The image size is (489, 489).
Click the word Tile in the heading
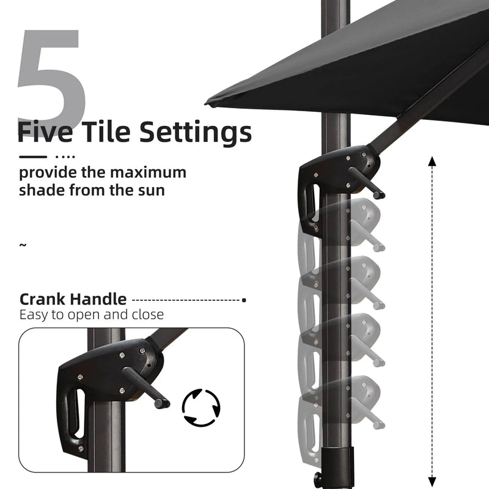[106, 131]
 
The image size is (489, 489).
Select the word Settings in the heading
[195, 133]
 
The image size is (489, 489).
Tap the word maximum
[148, 172]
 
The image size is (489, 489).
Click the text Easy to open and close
[91, 315]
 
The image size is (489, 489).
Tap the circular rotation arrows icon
[201, 407]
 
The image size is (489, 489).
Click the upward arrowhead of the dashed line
[432, 161]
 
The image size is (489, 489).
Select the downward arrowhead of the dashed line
[432, 481]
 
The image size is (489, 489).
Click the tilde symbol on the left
[23, 245]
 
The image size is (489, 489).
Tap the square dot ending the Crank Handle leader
[244, 300]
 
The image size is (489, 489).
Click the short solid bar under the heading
[33, 157]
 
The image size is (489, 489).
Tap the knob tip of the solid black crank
[379, 196]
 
